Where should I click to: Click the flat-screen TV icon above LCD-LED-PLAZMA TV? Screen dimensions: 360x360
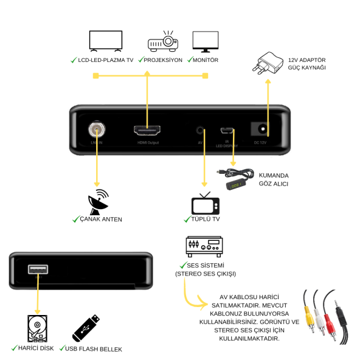pyautogui.click(x=105, y=41)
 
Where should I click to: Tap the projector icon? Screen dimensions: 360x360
pyautogui.click(x=162, y=41)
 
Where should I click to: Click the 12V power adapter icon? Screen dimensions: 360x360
pyautogui.click(x=269, y=63)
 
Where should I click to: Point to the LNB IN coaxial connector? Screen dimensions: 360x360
pyautogui.click(x=96, y=130)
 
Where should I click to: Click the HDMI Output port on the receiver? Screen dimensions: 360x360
pyautogui.click(x=147, y=130)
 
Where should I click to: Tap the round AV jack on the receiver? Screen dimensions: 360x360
pyautogui.click(x=201, y=130)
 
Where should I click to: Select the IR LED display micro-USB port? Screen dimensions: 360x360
pyautogui.click(x=226, y=130)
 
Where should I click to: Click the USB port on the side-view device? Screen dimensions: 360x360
pyautogui.click(x=38, y=269)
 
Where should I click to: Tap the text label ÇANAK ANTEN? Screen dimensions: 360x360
pyautogui.click(x=101, y=219)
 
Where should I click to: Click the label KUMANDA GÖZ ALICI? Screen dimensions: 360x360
pyautogui.click(x=274, y=179)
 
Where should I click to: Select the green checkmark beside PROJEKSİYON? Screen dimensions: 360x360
pyautogui.click(x=140, y=60)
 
